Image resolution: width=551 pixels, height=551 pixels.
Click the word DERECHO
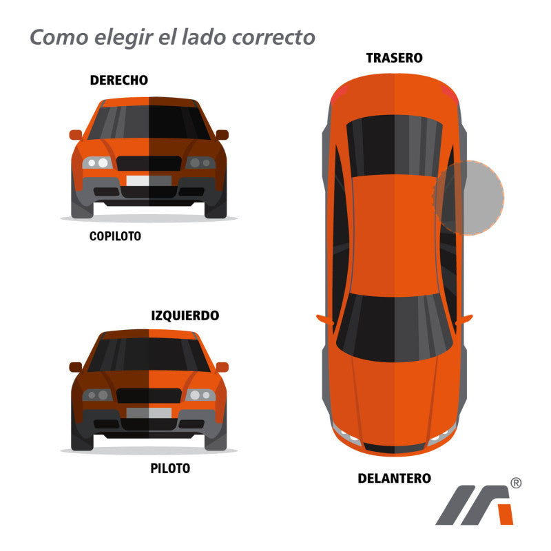[x=118, y=80]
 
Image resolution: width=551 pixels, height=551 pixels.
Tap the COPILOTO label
[x=115, y=236]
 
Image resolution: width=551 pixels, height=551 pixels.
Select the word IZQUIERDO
[x=185, y=315]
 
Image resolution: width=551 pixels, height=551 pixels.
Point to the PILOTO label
[x=170, y=468]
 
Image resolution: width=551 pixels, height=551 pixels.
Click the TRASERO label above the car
[x=394, y=58]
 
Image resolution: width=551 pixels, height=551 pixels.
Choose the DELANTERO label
[x=394, y=478]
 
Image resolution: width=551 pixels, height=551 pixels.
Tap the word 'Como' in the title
[x=59, y=37]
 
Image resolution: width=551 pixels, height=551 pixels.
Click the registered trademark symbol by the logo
[x=516, y=483]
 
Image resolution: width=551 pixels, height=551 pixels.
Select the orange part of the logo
[x=506, y=514]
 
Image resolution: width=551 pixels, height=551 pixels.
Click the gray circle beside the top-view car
[x=470, y=198]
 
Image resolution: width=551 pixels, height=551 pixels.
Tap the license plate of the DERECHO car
[x=149, y=180]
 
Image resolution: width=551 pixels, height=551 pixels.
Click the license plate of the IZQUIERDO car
[x=149, y=413]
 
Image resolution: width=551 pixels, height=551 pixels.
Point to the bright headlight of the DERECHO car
[x=97, y=163]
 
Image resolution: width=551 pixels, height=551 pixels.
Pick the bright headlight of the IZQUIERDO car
[x=200, y=395]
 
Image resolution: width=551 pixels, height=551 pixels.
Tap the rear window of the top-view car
[x=394, y=145]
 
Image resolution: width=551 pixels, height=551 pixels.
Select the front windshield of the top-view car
[x=394, y=328]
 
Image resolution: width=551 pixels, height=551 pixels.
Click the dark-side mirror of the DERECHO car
[x=222, y=134]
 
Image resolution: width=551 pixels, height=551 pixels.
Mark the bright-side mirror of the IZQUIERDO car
[x=222, y=367]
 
